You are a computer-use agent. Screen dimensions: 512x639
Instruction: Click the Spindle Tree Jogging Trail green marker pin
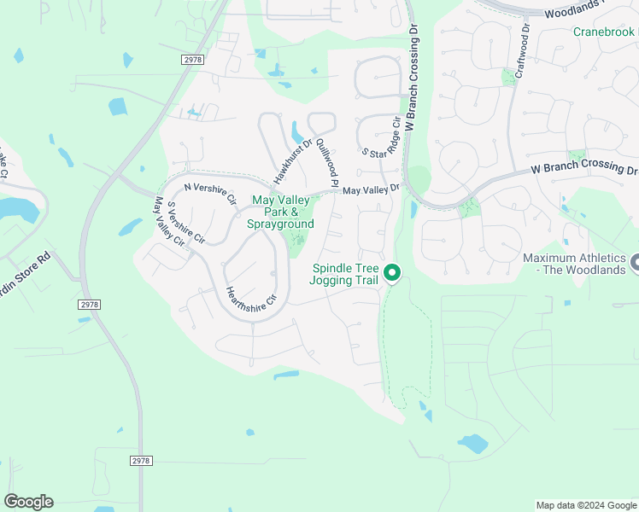pos(392,273)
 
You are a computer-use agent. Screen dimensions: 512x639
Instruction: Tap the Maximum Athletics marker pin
pos(634,264)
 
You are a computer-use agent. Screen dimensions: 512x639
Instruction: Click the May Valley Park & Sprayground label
pos(281,212)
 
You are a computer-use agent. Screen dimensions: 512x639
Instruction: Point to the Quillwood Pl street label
pos(326,164)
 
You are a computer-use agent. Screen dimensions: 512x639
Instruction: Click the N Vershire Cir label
pos(208,191)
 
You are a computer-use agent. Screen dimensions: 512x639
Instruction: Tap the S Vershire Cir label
pos(185,224)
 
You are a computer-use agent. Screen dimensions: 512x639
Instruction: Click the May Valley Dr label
pos(372,189)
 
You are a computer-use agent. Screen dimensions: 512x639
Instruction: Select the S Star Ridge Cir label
pos(381,138)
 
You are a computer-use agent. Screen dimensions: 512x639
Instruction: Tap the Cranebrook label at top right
pos(605,32)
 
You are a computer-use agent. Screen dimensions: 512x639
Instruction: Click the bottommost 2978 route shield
pos(142,460)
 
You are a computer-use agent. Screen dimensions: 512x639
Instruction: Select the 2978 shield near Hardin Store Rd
pos(89,305)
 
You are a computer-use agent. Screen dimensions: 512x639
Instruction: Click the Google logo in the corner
pos(28,502)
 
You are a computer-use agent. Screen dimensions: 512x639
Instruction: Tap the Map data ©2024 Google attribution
pos(586,505)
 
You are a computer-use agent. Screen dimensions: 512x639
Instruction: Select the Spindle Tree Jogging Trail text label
pos(343,274)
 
